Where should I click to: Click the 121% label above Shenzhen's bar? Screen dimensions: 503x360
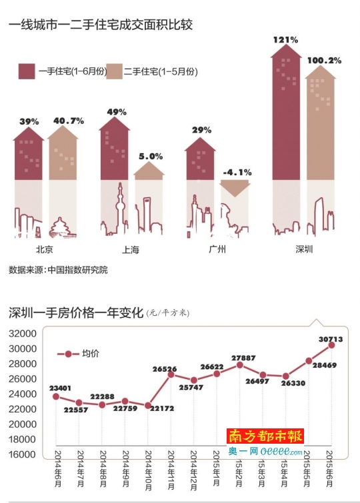pos(285,39)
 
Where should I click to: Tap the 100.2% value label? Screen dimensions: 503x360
pos(325,61)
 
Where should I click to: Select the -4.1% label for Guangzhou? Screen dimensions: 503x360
pos(237,172)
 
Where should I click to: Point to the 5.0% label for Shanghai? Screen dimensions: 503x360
pos(150,156)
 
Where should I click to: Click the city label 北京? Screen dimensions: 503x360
pos(45,250)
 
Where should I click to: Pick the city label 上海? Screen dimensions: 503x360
pos(131,251)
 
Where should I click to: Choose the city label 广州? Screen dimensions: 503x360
pos(217,250)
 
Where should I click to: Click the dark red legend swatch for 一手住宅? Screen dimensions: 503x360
pos(27,71)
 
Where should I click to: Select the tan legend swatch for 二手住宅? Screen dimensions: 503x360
pos(115,71)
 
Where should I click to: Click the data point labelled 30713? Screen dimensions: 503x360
pos(331,345)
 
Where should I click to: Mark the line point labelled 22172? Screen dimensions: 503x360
pos(148,405)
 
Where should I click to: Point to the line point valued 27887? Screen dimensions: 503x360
pos(239,364)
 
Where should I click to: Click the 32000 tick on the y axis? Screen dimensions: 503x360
pos(23,334)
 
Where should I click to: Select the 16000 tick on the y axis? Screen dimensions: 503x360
pos(23,454)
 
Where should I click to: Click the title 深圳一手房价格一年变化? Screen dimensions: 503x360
pos(76,312)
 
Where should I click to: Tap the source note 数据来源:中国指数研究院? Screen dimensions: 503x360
pos(58,270)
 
